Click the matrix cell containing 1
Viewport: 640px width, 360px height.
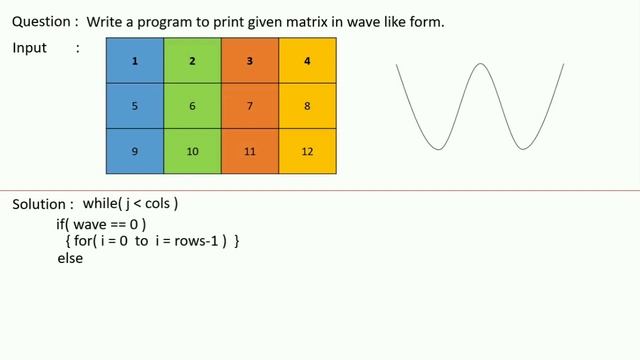point(135,61)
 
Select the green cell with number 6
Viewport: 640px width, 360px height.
point(192,105)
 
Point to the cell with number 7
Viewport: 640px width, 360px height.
point(250,105)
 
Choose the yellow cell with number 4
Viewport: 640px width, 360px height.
point(307,61)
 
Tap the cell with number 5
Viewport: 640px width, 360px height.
point(135,105)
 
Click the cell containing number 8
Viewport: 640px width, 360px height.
point(307,105)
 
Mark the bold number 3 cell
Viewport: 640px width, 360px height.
point(250,61)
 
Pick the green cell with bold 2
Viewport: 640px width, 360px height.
point(192,61)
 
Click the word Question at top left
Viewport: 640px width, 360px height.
point(40,21)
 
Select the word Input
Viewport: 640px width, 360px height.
point(30,48)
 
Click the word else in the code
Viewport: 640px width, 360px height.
point(70,258)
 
